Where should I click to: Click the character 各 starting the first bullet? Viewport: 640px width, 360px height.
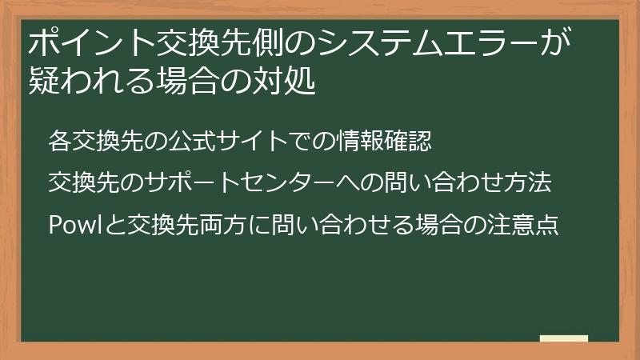pyautogui.click(x=59, y=141)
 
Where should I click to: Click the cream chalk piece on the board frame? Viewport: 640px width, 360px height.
pyautogui.click(x=564, y=338)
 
